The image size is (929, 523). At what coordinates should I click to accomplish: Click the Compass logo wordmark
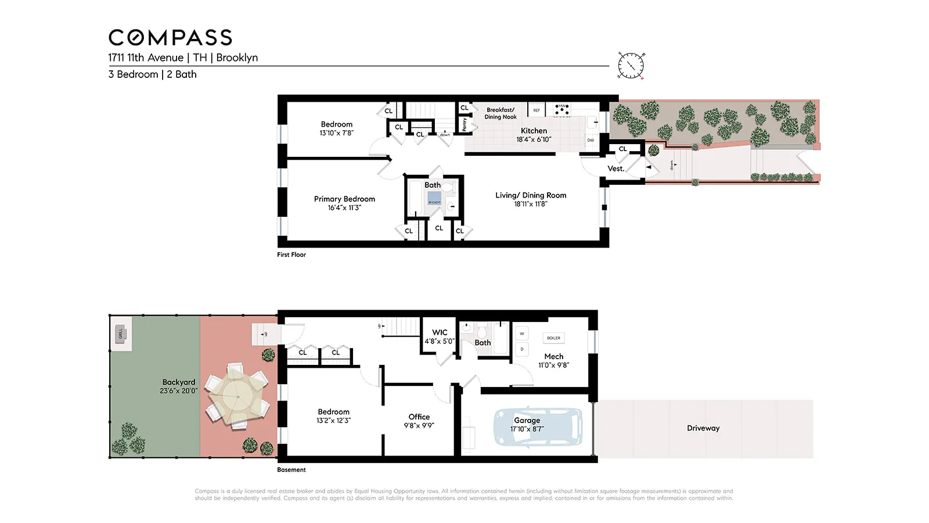[x=170, y=38]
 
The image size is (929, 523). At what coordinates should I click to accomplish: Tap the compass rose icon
[x=631, y=65]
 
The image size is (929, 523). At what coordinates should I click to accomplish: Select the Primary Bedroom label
[x=344, y=199]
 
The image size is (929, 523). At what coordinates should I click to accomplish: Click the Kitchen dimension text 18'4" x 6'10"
[x=534, y=139]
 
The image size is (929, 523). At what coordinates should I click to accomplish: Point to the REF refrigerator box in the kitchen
[x=536, y=110]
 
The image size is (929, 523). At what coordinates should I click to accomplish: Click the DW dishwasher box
[x=590, y=140]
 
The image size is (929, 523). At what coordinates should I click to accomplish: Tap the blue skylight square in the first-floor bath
[x=434, y=199]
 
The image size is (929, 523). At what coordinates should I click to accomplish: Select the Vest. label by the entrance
[x=615, y=169]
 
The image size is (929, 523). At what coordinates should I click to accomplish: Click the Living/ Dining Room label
[x=531, y=195]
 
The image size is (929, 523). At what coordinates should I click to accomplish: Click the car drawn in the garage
[x=538, y=427]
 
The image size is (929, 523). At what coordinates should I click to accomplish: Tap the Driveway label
[x=703, y=428]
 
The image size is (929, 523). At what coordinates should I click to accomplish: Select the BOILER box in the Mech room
[x=553, y=338]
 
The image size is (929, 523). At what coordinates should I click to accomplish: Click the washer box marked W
[x=521, y=334]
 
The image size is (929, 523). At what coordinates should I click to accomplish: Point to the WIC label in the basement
[x=440, y=332]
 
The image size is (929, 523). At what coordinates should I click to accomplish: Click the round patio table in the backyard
[x=238, y=396]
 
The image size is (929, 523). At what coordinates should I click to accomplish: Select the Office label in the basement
[x=419, y=417]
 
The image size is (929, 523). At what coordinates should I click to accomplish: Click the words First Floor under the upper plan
[x=291, y=255]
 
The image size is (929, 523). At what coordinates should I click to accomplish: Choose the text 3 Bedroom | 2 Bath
[x=152, y=74]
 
